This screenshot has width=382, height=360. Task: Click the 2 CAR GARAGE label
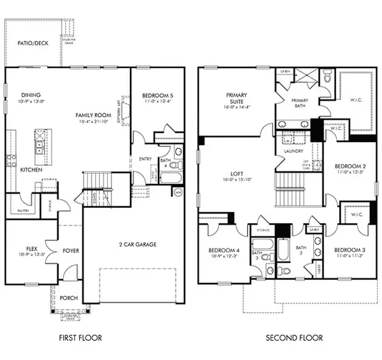coord(138,244)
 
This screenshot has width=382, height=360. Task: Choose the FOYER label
coord(70,250)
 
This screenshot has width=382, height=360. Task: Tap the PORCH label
coord(68,298)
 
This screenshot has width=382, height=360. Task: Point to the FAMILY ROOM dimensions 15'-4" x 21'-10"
coord(93,122)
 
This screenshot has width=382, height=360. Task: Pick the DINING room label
coord(31,95)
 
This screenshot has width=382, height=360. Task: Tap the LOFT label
coord(236,173)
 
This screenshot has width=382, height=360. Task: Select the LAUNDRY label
coord(287,151)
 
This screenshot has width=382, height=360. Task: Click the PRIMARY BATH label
coord(299,104)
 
